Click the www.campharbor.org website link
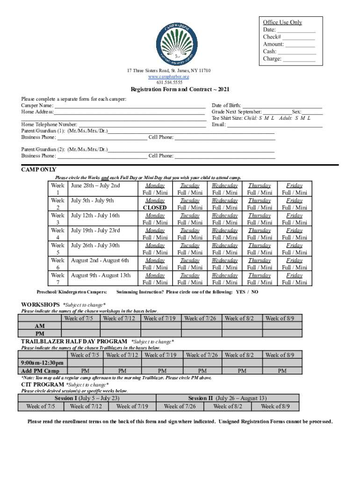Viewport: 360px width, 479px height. [x=169, y=76]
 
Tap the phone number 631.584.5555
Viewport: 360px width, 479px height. [x=169, y=82]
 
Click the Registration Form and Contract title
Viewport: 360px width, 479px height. [x=180, y=89]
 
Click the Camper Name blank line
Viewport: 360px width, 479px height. [x=130, y=106]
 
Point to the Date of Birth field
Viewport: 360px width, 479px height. [x=282, y=106]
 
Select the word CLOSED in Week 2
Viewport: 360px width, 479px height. [x=155, y=208]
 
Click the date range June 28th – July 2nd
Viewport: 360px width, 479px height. [x=95, y=186]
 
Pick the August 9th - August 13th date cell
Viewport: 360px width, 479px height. [x=101, y=276]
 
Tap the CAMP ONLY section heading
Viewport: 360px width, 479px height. [x=39, y=170]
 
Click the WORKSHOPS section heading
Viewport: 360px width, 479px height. [x=40, y=305]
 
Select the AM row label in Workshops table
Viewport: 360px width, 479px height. [x=40, y=326]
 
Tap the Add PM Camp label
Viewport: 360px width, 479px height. [x=40, y=371]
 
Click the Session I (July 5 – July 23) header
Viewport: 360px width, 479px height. [x=87, y=398]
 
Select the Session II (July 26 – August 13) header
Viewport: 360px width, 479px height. [x=227, y=398]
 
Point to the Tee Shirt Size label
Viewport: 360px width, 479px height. [x=233, y=118]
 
